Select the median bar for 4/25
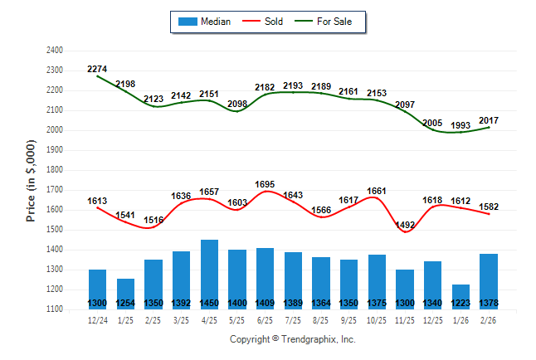pyautogui.click(x=209, y=274)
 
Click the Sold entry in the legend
pyautogui.click(x=270, y=22)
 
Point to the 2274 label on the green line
pyautogui.click(x=97, y=69)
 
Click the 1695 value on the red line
pyautogui.click(x=266, y=184)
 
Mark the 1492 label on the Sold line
pyautogui.click(x=405, y=224)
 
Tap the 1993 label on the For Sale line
pyautogui.click(x=461, y=125)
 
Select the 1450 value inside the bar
pyautogui.click(x=209, y=304)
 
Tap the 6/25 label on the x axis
pyautogui.click(x=266, y=319)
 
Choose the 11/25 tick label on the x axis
pyautogui.click(x=405, y=319)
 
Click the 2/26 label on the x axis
pyautogui.click(x=489, y=319)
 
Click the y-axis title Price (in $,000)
pyautogui.click(x=31, y=179)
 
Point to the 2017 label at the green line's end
pyautogui.click(x=489, y=120)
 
